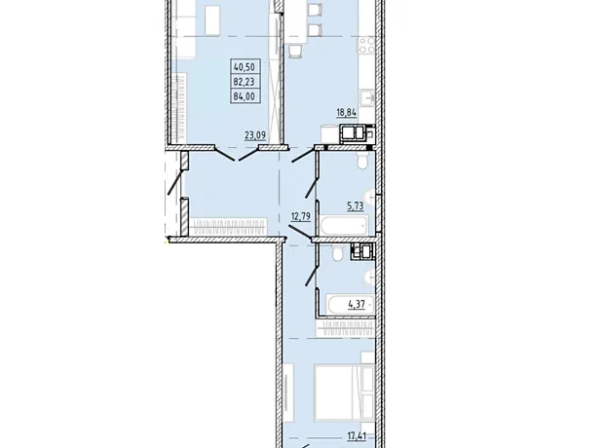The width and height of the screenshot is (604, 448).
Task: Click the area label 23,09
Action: pos(255,135)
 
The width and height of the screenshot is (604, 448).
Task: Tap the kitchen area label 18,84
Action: pos(347,112)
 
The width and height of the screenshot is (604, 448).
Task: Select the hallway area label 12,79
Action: pos(301,216)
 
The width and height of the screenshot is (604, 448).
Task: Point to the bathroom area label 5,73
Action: pos(356,206)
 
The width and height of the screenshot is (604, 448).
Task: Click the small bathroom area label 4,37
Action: pos(357,304)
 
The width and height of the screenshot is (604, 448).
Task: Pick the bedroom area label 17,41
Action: pos(357,436)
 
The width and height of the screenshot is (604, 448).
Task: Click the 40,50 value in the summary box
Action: pos(245,67)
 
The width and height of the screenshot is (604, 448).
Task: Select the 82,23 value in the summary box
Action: pos(245,82)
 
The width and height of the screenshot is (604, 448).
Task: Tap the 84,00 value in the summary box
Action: pos(245,95)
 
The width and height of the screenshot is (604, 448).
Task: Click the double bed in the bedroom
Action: pos(345,392)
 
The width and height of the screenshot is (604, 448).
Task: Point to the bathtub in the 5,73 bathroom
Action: pos(344,225)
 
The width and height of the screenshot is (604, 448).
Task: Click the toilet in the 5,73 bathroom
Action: pos(362,160)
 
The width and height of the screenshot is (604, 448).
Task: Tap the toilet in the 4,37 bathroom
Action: pos(338,253)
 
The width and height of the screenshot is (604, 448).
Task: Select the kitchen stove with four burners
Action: pos(366,45)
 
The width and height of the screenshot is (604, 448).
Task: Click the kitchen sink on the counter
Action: pos(367,97)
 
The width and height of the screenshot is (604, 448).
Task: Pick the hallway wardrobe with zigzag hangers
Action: pos(228,227)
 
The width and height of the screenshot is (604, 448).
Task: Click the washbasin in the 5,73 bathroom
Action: pos(370,198)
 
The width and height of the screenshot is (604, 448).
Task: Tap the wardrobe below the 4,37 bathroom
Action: pos(346,328)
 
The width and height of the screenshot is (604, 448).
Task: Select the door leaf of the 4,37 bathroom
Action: pos(311,276)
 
